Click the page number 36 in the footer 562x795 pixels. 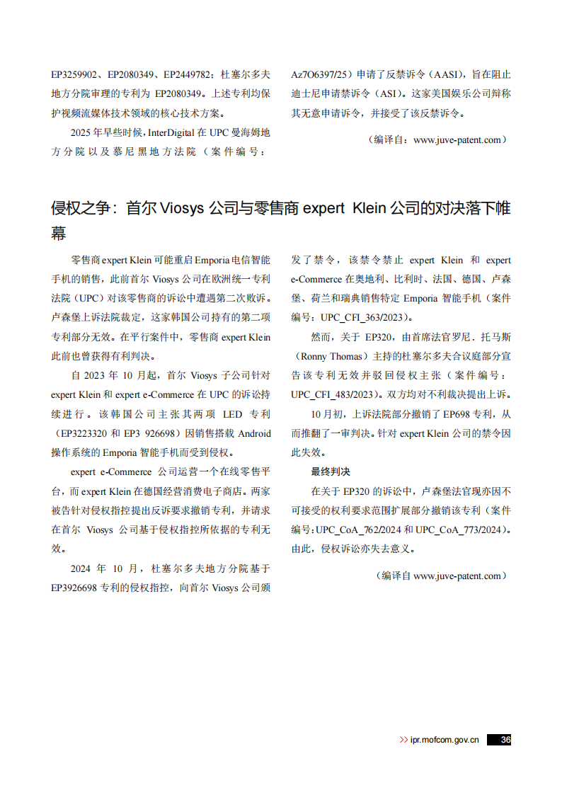click(x=505, y=740)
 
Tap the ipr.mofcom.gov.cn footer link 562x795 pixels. click(x=445, y=740)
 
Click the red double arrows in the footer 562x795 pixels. click(x=403, y=740)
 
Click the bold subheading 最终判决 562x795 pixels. click(x=331, y=471)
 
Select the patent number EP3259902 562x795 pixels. click(x=75, y=74)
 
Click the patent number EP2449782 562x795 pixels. click(x=187, y=74)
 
